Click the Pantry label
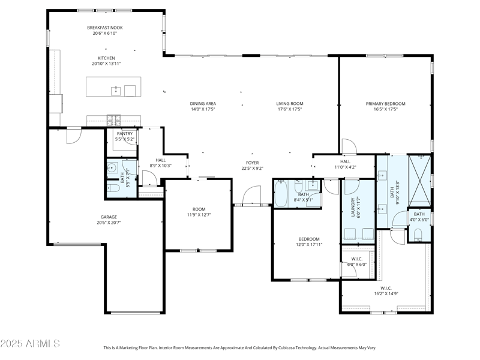pyautogui.click(x=124, y=134)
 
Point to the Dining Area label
pyautogui.click(x=203, y=103)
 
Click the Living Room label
pyautogui.click(x=289, y=103)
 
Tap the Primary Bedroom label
pyautogui.click(x=385, y=103)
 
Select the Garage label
pyautogui.click(x=109, y=217)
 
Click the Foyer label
pyautogui.click(x=252, y=163)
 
